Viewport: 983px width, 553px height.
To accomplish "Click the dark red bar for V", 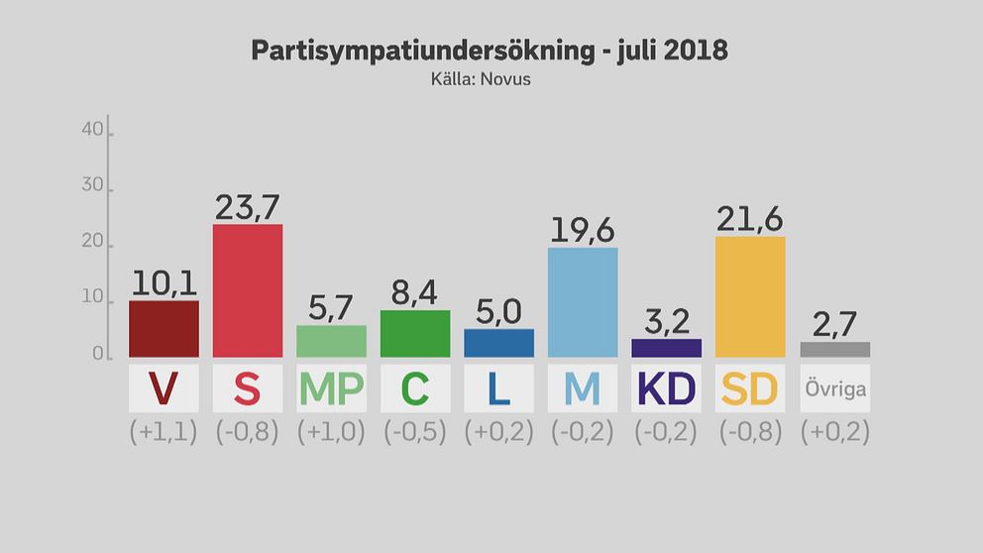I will [x=164, y=329].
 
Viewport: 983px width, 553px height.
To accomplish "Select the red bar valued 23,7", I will [x=248, y=290].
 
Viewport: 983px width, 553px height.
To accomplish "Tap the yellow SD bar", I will [x=749, y=296].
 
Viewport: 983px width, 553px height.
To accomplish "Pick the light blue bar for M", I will [x=583, y=302].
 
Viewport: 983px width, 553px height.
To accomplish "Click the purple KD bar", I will [x=666, y=348].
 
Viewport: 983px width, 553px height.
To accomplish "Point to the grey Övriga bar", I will [x=834, y=350].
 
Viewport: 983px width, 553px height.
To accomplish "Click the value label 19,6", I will [x=582, y=229].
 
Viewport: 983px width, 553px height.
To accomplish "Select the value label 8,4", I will [x=414, y=292].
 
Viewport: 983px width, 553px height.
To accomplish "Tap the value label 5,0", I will [x=498, y=311].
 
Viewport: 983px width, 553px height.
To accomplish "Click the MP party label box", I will [x=331, y=388].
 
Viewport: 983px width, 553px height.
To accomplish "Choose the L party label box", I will [x=498, y=388].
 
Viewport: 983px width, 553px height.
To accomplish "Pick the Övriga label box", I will [x=834, y=388].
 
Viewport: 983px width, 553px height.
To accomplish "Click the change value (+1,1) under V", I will [x=164, y=432].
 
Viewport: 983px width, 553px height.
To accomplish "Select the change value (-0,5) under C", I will [x=414, y=432].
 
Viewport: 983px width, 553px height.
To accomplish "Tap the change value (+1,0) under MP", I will [x=331, y=432].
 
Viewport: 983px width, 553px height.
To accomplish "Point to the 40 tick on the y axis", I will [x=92, y=129].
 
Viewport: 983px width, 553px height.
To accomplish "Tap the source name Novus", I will [x=505, y=78].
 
